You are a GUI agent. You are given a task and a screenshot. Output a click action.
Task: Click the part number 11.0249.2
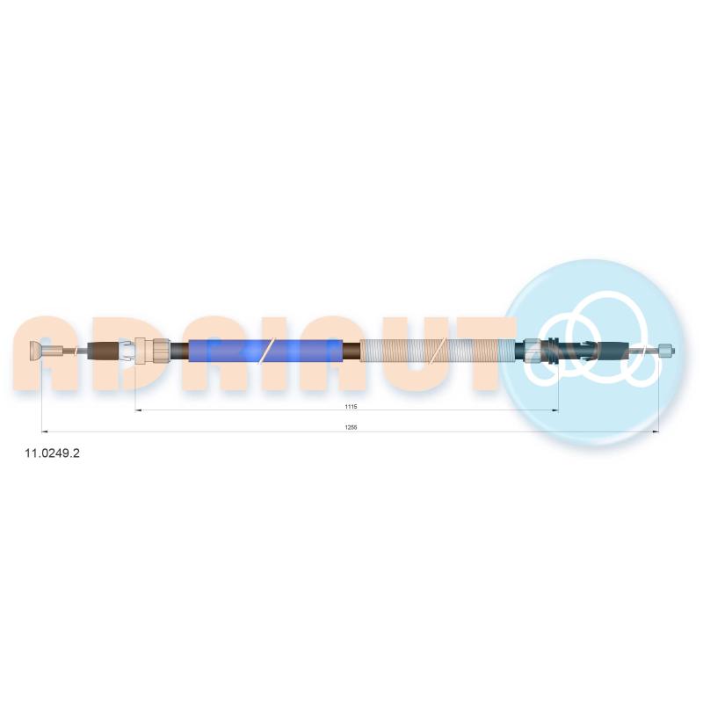pos(52,453)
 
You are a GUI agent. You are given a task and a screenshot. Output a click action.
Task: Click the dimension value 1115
pos(351,407)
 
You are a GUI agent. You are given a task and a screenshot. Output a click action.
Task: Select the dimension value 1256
pos(351,428)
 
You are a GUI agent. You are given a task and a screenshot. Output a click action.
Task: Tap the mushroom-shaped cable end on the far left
pos(35,351)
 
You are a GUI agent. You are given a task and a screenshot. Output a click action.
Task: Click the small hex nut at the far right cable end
pos(666,351)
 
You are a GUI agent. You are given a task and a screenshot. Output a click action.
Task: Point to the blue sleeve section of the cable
pos(266,351)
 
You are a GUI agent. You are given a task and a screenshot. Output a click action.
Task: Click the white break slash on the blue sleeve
pos(266,351)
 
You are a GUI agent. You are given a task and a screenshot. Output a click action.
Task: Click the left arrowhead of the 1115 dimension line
pos(138,410)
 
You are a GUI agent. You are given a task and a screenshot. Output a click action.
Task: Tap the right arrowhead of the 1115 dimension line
pos(556,410)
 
